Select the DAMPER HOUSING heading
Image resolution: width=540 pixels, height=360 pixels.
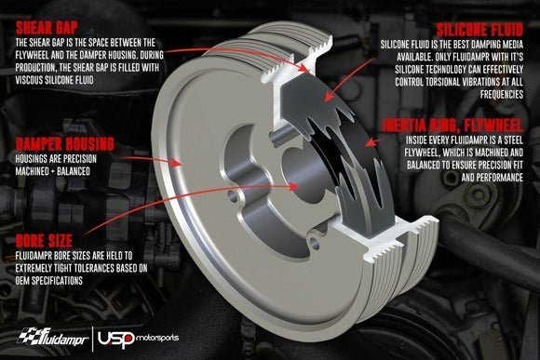click(64, 143)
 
